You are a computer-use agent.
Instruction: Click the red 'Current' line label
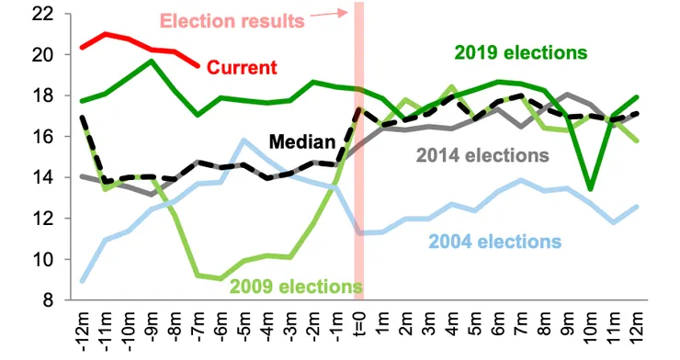click(242, 68)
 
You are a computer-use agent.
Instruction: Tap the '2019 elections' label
click(519, 51)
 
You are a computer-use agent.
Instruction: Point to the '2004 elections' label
click(494, 242)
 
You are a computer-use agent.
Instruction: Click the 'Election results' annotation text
click(232, 20)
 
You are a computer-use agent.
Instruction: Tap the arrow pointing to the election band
click(329, 13)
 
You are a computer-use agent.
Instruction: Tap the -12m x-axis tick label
click(84, 331)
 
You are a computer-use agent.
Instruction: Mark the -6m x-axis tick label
click(221, 329)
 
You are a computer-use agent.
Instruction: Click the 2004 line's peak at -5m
click(244, 141)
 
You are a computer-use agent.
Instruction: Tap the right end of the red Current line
click(199, 65)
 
